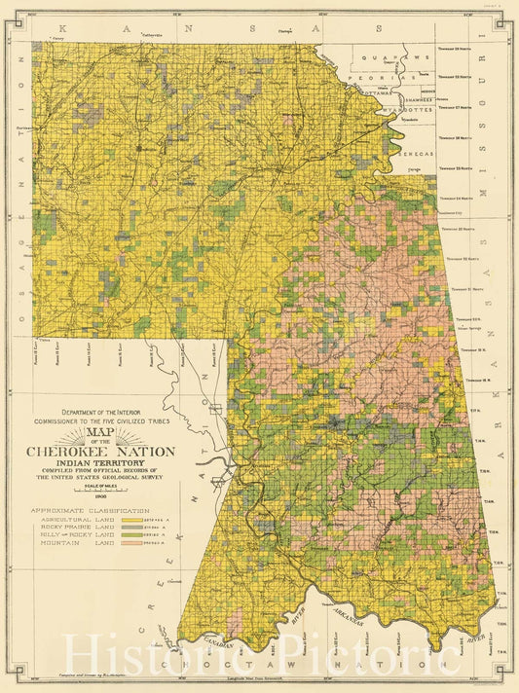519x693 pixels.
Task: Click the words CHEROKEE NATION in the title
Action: click(x=101, y=451)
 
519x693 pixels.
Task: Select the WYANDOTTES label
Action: click(x=408, y=111)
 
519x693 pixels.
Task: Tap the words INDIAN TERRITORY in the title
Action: click(x=101, y=463)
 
